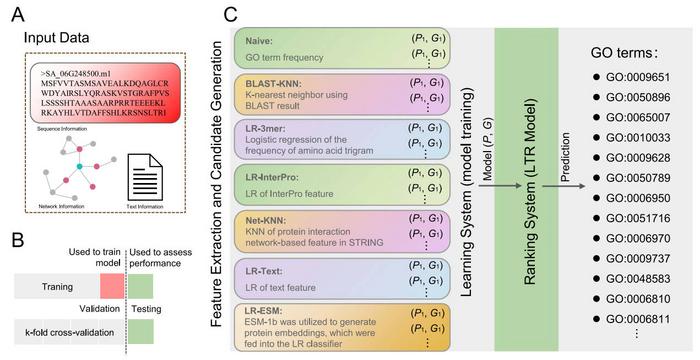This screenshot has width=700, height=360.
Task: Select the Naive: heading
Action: tap(262, 42)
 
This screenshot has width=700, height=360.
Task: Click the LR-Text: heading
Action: tap(266, 270)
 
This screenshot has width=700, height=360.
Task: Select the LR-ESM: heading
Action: tap(265, 314)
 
